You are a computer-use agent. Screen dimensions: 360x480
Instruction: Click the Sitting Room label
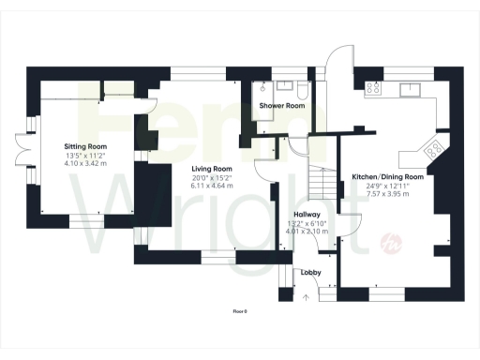click(x=85, y=147)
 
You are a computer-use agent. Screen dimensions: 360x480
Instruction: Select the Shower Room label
click(x=282, y=106)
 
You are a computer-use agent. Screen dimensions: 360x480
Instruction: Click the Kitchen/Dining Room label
click(x=387, y=176)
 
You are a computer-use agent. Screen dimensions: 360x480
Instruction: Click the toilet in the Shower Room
click(x=301, y=91)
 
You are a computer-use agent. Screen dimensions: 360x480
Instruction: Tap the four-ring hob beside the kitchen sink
click(x=372, y=89)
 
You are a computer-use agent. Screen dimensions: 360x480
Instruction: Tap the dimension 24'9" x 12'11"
click(x=387, y=185)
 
